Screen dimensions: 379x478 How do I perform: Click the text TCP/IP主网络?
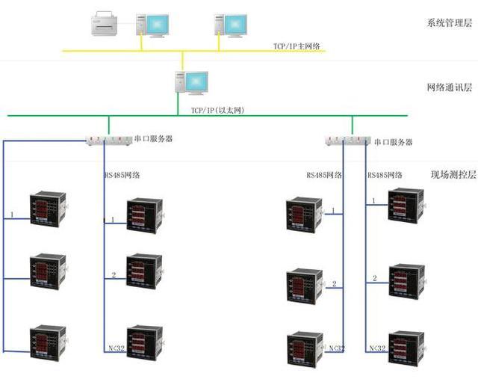tap(296, 46)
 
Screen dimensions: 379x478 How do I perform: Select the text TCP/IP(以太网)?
tap(217, 110)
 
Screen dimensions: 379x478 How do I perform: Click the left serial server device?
tap(107, 140)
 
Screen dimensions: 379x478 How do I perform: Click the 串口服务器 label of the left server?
tap(153, 139)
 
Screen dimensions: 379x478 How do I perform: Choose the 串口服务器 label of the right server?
tap(393, 141)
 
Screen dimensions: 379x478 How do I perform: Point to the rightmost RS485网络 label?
tap(385, 175)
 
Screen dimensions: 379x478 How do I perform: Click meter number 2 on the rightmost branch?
tap(407, 282)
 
